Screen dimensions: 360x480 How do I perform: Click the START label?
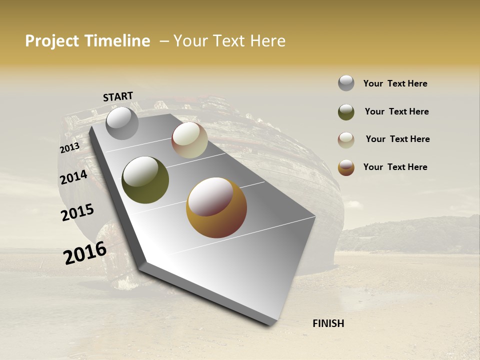[118, 96]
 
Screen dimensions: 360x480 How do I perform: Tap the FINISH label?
[328, 323]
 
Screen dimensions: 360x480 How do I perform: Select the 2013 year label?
[69, 148]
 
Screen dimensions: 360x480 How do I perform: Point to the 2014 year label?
[73, 177]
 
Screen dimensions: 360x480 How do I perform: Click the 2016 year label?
[85, 253]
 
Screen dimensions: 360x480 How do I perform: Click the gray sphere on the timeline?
[122, 123]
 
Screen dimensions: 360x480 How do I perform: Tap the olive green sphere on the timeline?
[145, 180]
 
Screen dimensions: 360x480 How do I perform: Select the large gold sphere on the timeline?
[216, 207]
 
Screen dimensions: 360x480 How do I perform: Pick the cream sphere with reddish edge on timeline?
[189, 140]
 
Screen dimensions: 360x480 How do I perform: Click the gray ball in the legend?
[346, 83]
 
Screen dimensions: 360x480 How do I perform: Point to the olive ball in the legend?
[346, 112]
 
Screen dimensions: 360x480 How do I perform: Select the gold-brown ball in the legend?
[346, 167]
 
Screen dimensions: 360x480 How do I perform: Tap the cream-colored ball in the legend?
[346, 140]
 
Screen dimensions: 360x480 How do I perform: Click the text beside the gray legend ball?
[395, 83]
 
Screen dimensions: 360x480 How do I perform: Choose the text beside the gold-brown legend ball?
[395, 167]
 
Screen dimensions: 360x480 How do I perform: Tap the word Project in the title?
[52, 41]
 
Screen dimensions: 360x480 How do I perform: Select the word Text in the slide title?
[230, 41]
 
